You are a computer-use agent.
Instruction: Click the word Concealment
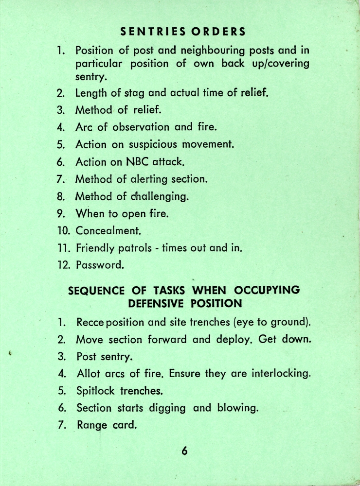[108, 231]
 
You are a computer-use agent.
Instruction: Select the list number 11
[64, 248]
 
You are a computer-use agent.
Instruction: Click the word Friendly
[95, 249]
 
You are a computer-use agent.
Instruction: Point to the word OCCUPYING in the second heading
[267, 291]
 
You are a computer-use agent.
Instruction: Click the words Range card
[106, 426]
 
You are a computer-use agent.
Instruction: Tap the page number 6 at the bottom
[184, 451]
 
